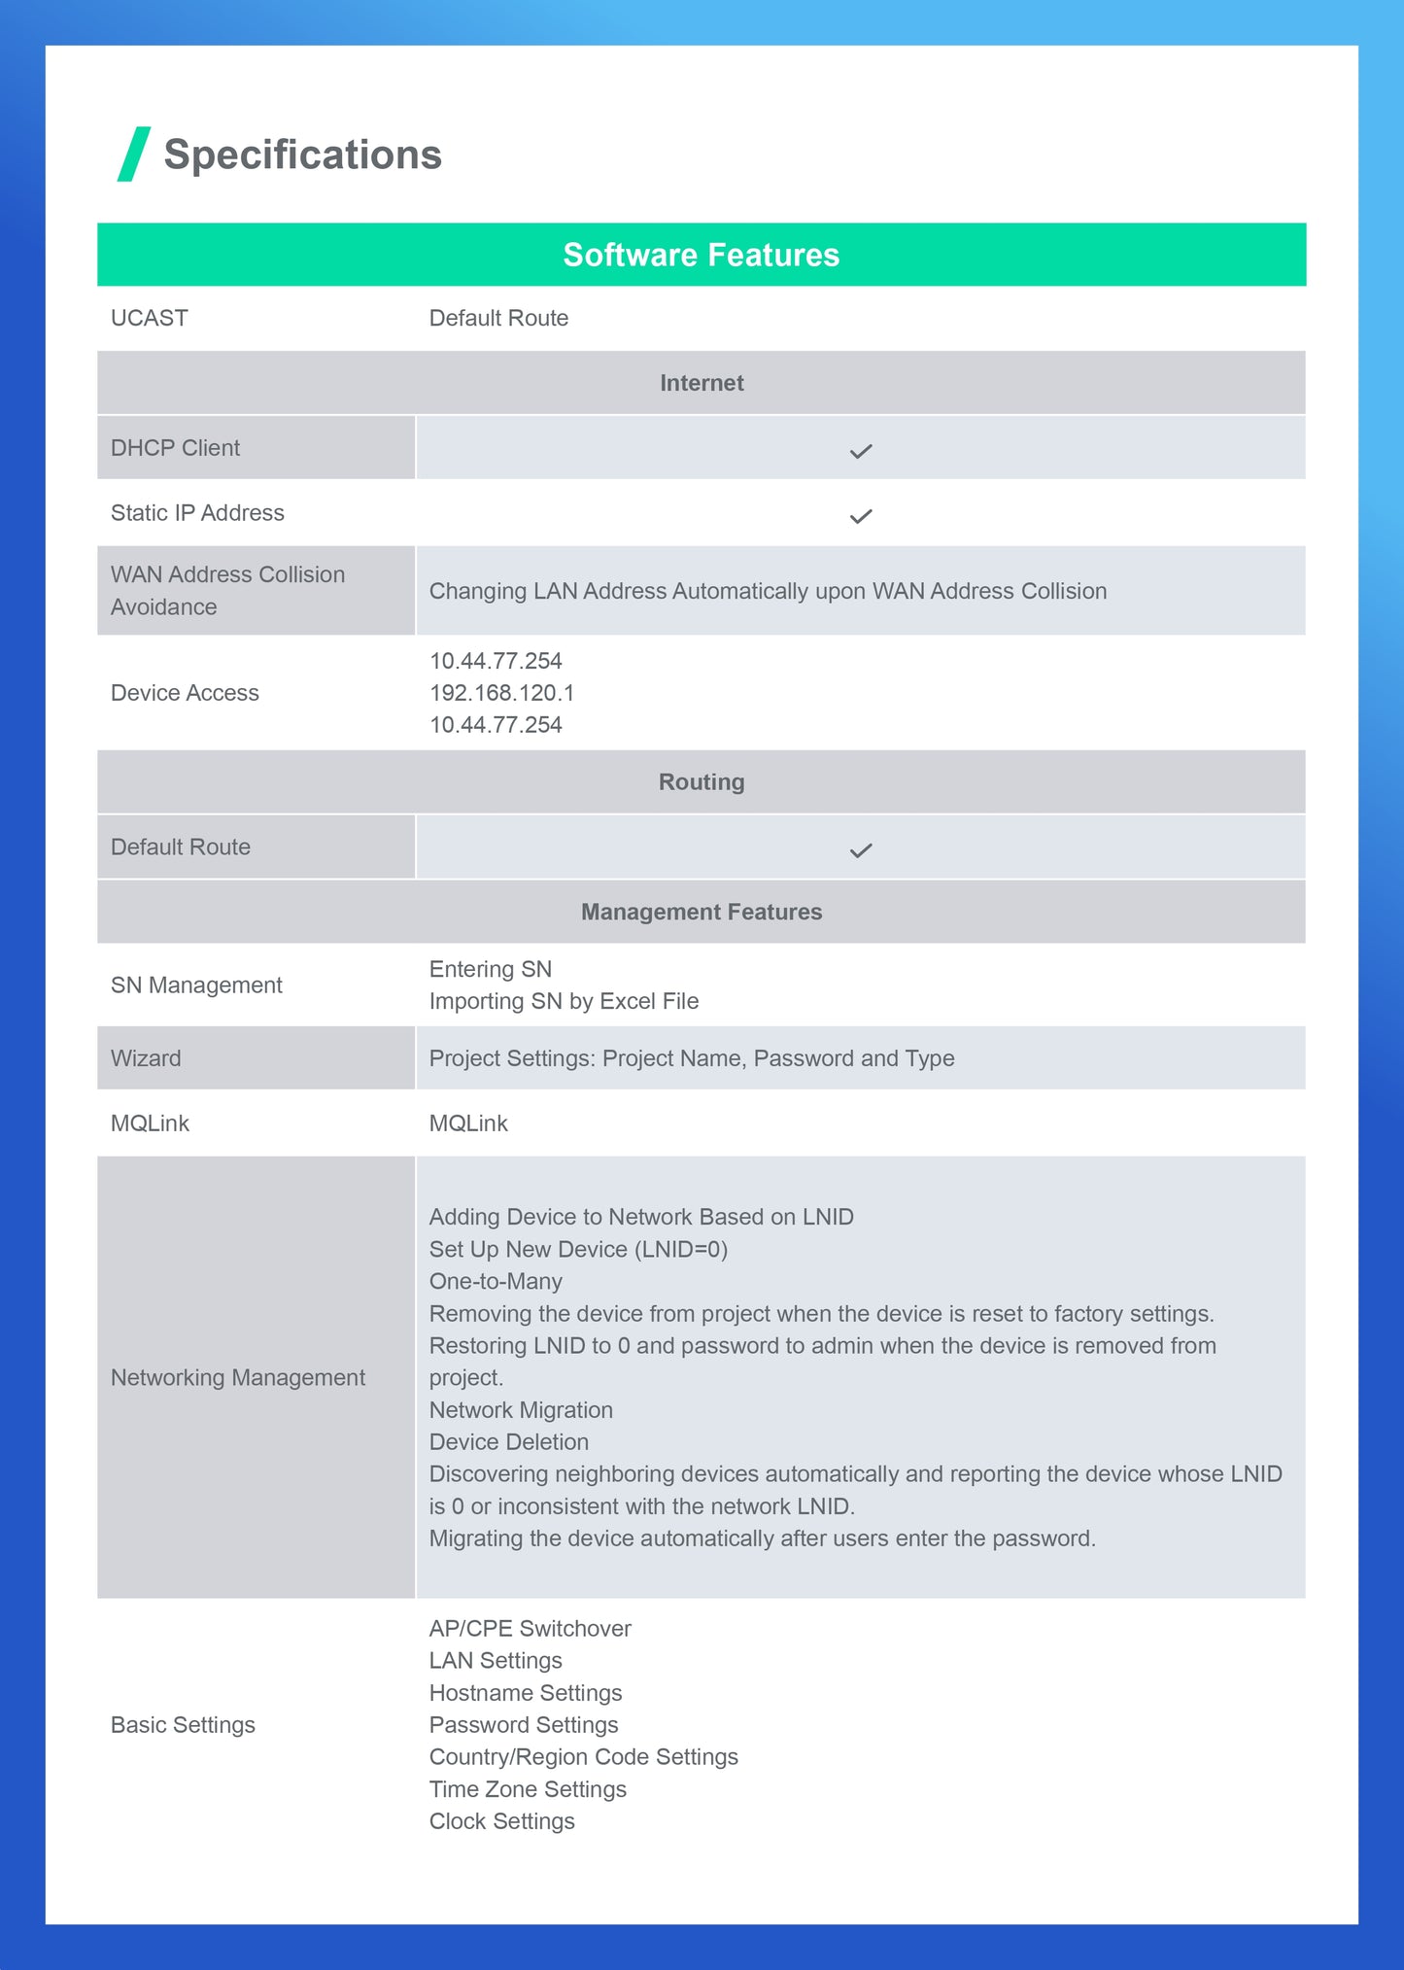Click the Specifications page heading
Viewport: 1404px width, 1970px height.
tap(302, 155)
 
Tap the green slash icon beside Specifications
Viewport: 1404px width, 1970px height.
tap(134, 154)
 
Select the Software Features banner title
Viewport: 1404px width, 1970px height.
tap(701, 255)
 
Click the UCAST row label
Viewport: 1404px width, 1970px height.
tap(150, 318)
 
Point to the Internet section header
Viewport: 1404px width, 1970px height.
tap(701, 383)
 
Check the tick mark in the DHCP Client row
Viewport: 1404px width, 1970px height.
tap(861, 451)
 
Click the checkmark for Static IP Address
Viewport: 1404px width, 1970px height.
tap(861, 516)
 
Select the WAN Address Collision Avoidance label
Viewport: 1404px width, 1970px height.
tap(227, 590)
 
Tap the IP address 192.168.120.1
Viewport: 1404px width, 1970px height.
tap(501, 693)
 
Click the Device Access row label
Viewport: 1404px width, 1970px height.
tap(185, 693)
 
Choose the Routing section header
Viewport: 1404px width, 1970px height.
tap(701, 782)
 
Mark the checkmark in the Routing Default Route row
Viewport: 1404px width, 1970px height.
tap(861, 850)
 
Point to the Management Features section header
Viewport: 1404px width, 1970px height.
tap(701, 912)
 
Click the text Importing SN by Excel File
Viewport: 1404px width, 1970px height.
tap(564, 1001)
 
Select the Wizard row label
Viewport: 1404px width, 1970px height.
tap(146, 1058)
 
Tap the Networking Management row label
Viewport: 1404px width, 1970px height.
tap(238, 1377)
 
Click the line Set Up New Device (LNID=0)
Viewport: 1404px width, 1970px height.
tap(578, 1249)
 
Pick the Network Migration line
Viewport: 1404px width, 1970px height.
tap(521, 1410)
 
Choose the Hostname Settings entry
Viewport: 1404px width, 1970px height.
tap(526, 1693)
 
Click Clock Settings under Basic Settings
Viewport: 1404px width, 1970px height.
tap(502, 1821)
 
